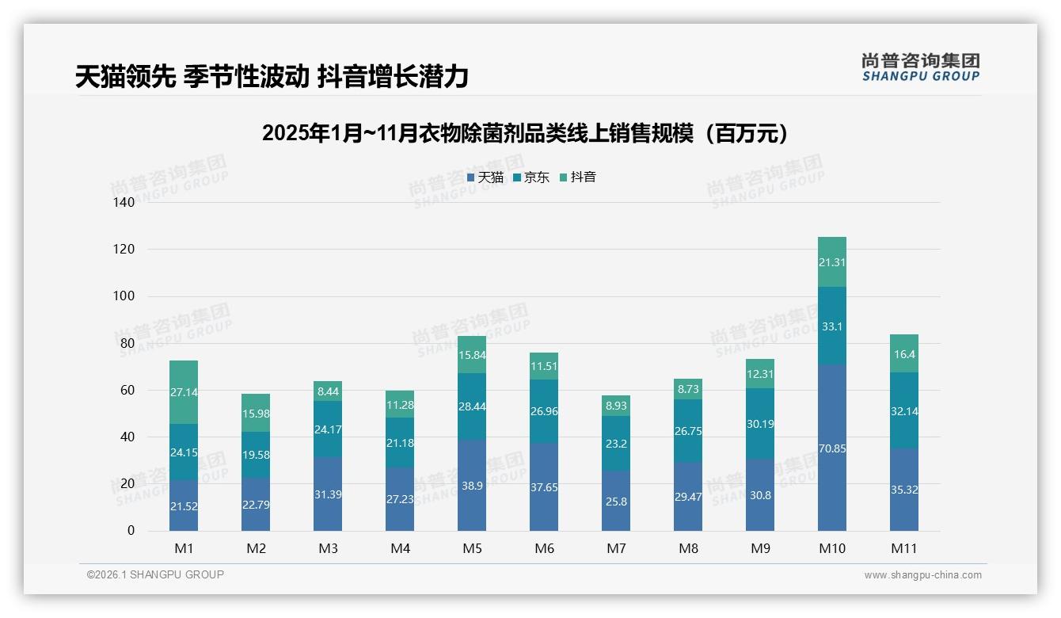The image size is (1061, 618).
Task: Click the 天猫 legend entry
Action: click(x=485, y=177)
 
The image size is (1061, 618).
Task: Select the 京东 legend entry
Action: click(x=531, y=177)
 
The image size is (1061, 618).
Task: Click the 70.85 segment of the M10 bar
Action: click(x=831, y=448)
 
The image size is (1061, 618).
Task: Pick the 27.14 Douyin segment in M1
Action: click(x=184, y=392)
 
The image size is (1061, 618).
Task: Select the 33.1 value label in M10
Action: click(x=831, y=326)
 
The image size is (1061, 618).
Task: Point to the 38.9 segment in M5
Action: click(x=472, y=485)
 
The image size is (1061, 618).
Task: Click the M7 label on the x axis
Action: click(x=616, y=548)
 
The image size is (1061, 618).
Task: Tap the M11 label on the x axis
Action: click(x=904, y=548)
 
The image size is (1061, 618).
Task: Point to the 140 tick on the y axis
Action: click(x=125, y=202)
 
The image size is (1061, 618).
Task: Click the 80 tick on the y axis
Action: click(x=127, y=343)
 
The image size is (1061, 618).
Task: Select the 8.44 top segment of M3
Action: click(x=328, y=391)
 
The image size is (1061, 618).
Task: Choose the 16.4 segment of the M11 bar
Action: click(x=904, y=354)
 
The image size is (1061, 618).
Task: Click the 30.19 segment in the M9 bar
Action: click(x=760, y=424)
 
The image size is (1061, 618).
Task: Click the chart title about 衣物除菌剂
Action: click(x=525, y=133)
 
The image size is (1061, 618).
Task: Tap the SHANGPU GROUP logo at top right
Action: click(x=920, y=67)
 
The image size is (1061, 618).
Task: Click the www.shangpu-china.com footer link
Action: click(x=922, y=575)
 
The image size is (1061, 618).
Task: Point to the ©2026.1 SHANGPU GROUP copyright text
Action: click(x=155, y=574)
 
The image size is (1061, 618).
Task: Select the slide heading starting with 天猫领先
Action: click(x=272, y=77)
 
